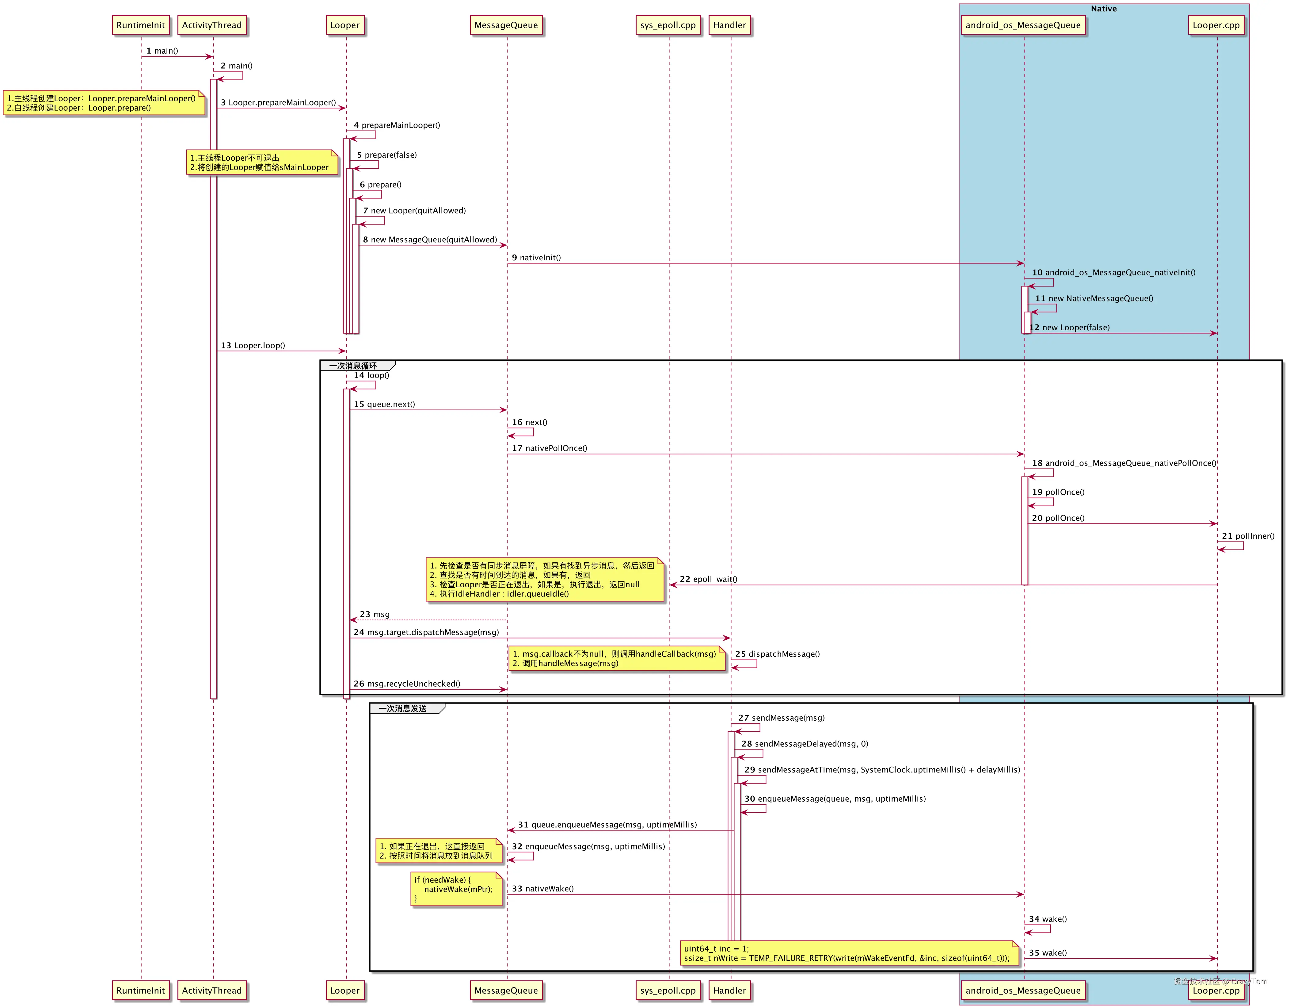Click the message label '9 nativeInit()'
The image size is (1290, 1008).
[x=536, y=258]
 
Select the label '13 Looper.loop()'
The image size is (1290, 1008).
[x=253, y=346]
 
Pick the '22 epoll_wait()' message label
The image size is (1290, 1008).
[x=708, y=579]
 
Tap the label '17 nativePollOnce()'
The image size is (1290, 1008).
[x=549, y=448]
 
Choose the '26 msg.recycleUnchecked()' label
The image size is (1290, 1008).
[x=407, y=684]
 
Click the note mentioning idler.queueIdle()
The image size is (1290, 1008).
[x=545, y=580]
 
